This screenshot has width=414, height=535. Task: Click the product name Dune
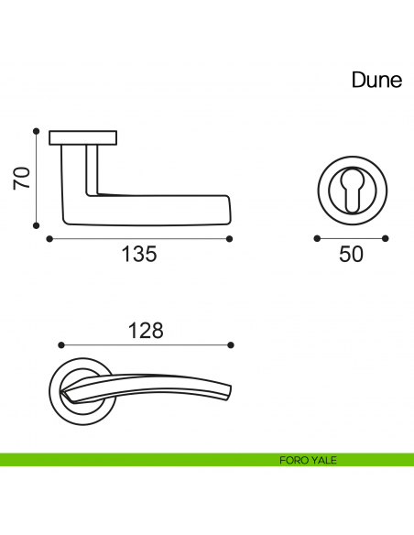click(x=376, y=80)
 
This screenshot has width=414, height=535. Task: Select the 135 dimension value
click(x=139, y=254)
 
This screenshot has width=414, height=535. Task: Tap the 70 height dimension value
click(x=21, y=178)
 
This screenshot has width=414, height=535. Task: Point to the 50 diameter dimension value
click(x=351, y=254)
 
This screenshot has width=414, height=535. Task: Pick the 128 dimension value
click(x=146, y=331)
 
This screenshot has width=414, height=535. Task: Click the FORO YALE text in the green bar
click(x=308, y=460)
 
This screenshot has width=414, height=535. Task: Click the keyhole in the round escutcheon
click(x=353, y=191)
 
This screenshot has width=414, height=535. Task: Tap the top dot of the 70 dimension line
click(x=36, y=131)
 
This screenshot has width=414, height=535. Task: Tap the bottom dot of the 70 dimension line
click(x=36, y=225)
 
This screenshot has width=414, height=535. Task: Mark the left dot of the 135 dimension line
click(x=49, y=239)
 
